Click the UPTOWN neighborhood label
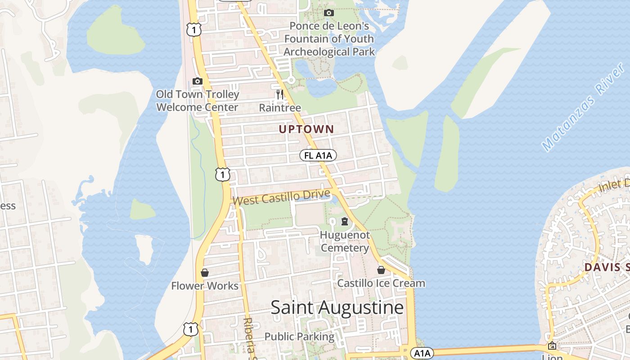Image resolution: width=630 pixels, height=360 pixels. click(x=306, y=130)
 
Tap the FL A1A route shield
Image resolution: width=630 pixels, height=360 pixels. click(x=318, y=156)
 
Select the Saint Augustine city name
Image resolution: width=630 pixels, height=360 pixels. click(x=337, y=308)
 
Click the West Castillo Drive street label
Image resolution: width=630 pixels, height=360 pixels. click(x=282, y=197)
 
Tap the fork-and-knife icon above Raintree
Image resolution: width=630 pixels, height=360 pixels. click(x=279, y=94)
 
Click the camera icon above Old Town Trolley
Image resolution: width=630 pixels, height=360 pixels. click(x=197, y=81)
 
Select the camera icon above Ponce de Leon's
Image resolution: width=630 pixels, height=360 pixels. click(x=329, y=13)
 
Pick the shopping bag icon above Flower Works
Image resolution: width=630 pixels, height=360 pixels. click(x=205, y=273)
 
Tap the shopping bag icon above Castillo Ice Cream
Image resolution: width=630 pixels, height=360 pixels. click(x=381, y=270)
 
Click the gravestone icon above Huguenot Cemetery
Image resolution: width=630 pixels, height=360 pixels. click(x=345, y=221)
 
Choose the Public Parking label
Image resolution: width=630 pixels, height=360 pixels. click(x=299, y=337)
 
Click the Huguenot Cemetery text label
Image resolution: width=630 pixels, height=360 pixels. click(x=345, y=242)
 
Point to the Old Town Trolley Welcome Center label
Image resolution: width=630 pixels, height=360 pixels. click(x=198, y=101)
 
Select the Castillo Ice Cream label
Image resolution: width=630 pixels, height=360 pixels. click(x=381, y=283)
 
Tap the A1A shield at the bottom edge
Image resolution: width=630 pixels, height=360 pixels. click(x=422, y=353)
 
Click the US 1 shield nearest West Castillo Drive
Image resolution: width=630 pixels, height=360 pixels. click(x=222, y=174)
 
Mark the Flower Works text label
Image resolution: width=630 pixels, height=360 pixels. click(x=205, y=286)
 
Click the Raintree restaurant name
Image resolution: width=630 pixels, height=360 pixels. click(x=280, y=108)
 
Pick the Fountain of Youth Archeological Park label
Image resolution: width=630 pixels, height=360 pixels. click(x=329, y=39)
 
